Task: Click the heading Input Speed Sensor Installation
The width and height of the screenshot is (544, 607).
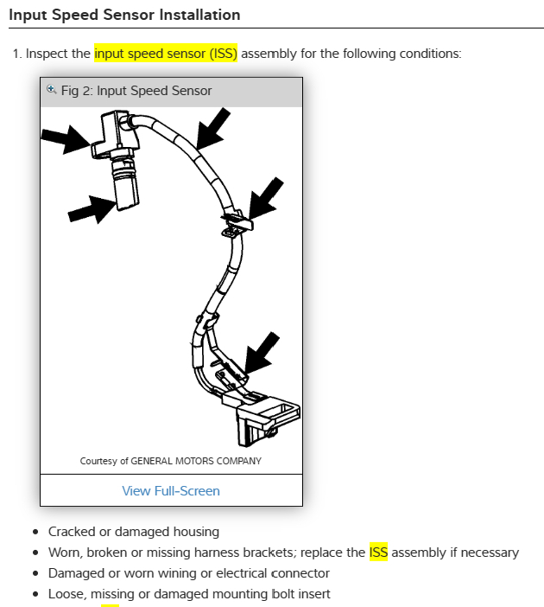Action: click(124, 15)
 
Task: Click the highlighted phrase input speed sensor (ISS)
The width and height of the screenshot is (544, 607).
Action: click(166, 54)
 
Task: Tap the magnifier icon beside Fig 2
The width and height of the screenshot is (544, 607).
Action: click(51, 89)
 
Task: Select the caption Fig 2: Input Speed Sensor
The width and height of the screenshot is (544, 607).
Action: click(136, 91)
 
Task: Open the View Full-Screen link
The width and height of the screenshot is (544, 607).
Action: click(171, 491)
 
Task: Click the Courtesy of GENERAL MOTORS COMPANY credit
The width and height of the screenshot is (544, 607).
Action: click(171, 461)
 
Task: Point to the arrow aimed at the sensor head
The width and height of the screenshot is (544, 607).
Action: click(64, 138)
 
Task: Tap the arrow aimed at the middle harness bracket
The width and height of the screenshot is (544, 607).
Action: click(265, 196)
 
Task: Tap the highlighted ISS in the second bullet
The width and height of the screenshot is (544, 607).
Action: click(378, 553)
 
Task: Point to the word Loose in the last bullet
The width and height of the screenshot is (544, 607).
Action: click(66, 594)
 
